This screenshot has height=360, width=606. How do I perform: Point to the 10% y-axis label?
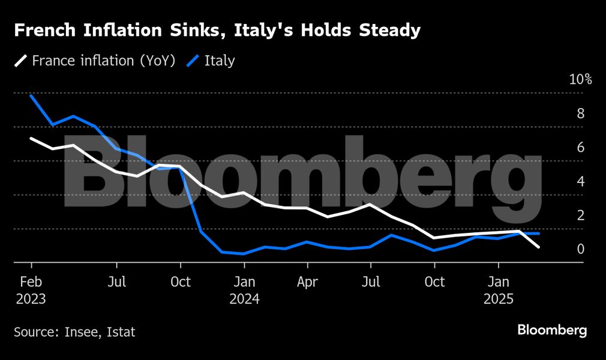click(x=580, y=80)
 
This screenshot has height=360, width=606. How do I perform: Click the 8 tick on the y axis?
click(x=581, y=113)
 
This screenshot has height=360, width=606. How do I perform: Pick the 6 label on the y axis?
click(x=581, y=147)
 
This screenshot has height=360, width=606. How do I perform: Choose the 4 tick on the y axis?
click(x=581, y=181)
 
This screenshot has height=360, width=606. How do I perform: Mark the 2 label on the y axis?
click(x=581, y=215)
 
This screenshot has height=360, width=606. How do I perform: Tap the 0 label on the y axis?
click(x=581, y=248)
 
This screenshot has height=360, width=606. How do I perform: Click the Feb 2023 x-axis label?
click(x=31, y=290)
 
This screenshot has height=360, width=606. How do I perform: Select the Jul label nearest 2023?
click(x=116, y=281)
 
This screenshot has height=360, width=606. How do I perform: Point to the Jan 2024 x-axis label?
click(x=244, y=290)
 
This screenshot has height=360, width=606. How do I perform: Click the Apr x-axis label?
click(x=307, y=281)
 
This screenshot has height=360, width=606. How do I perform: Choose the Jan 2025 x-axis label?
click(x=498, y=290)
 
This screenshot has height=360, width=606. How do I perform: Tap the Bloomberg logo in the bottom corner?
click(x=552, y=330)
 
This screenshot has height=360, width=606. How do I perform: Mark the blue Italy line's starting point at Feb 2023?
click(x=31, y=96)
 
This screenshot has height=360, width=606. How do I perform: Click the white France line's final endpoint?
click(x=539, y=247)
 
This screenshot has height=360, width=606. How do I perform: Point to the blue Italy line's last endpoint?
click(x=539, y=233)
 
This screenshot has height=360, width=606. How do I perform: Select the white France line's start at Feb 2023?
click(x=31, y=139)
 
